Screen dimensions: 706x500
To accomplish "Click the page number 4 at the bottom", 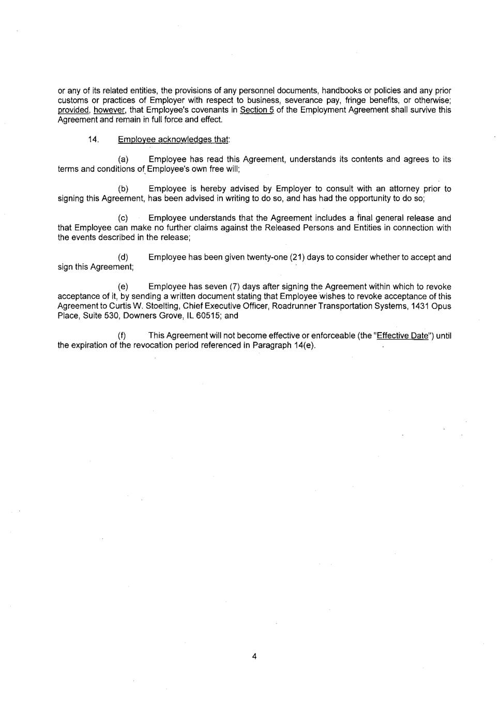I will click(x=254, y=656).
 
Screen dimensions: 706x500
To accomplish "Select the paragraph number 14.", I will click(x=93, y=139).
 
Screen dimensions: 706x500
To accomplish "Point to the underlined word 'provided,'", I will click(x=73, y=110).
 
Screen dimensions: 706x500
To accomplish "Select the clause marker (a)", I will click(x=123, y=159).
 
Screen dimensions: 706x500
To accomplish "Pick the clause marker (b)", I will click(x=123, y=189).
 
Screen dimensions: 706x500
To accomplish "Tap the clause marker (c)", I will click(x=123, y=218).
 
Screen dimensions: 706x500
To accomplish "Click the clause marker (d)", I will click(x=123, y=258).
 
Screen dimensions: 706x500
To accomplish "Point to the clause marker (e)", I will click(x=123, y=287).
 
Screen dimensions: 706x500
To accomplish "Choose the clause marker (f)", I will click(x=123, y=336).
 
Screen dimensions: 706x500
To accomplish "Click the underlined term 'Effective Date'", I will click(x=403, y=336).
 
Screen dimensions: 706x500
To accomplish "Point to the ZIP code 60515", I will click(x=192, y=316).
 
